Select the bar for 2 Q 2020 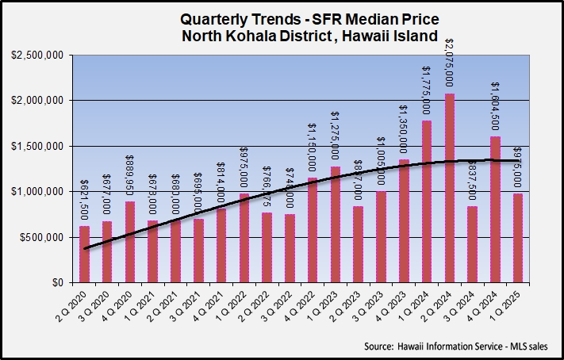(x=84, y=254)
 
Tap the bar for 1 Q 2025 (x=518, y=238)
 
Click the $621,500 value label (x=84, y=205)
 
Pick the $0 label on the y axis (x=58, y=282)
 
